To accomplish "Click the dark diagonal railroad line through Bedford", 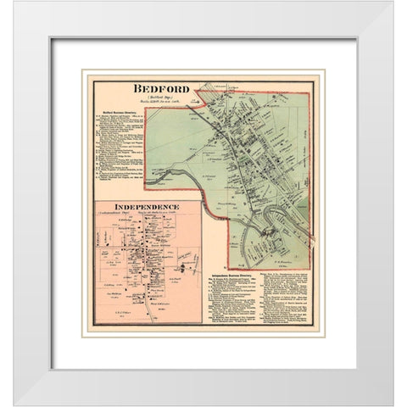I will [237, 161].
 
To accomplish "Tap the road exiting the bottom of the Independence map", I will [153, 314].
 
